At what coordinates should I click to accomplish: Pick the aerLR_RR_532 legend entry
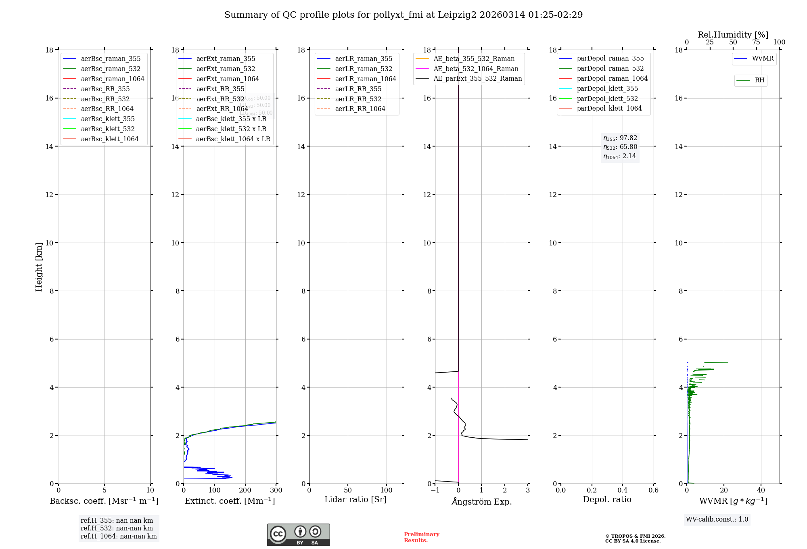pos(358,99)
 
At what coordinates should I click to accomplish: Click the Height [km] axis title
pos(39,267)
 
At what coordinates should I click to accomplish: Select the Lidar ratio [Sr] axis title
pos(355,499)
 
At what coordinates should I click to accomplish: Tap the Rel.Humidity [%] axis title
pos(733,35)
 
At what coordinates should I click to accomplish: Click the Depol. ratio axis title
pos(607,499)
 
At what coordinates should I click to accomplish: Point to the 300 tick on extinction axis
pos(276,490)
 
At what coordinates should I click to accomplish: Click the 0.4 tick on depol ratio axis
pos(623,490)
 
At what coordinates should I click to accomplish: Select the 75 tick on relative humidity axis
pos(756,42)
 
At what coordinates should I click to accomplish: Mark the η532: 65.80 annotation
pos(620,147)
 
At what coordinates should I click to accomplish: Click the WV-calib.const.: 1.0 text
pos(717,520)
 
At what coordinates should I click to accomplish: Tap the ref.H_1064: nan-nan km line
pos(119,536)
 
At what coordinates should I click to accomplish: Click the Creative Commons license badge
pos(298,534)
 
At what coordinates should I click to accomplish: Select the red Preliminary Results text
pos(421,537)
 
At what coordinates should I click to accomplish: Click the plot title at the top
pos(403,15)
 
